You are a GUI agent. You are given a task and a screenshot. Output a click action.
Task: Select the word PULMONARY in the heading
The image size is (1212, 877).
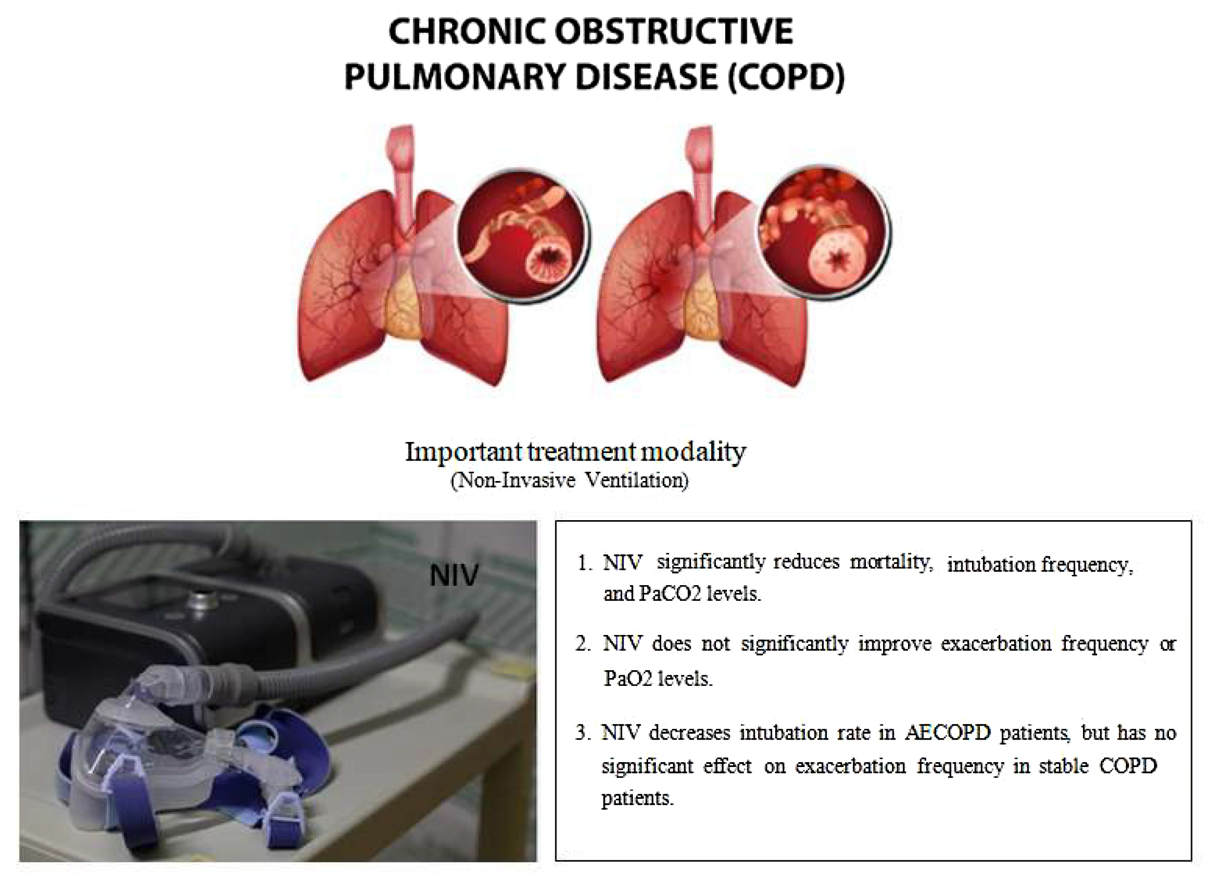454,77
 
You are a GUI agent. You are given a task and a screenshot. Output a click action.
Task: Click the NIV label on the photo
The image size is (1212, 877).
454,575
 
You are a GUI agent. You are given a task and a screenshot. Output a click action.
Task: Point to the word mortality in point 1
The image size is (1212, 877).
891,562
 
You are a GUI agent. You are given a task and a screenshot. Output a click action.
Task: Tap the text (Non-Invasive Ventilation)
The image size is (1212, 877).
570,481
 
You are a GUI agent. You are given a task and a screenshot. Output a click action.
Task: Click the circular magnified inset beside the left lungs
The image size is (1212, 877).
522,235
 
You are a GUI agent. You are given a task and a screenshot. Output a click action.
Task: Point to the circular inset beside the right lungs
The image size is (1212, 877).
824,233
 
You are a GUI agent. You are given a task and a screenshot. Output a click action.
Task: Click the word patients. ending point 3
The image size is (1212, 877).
637,798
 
